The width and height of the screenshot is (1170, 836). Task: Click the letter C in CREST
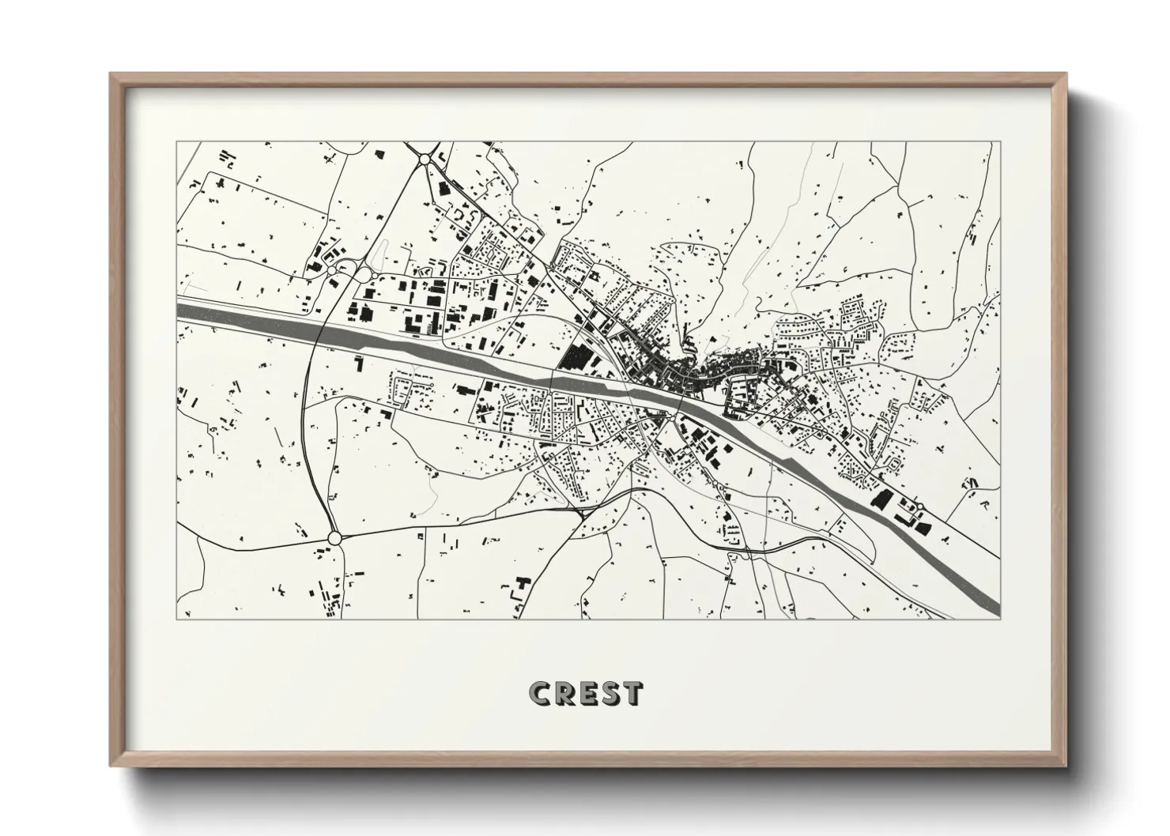point(543,693)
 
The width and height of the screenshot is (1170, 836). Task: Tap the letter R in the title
point(567,693)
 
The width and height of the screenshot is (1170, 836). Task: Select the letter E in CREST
point(589,693)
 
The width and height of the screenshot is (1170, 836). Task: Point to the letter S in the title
point(610,693)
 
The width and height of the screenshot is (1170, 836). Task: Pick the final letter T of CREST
point(632,693)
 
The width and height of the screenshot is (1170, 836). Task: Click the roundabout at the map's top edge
point(425,159)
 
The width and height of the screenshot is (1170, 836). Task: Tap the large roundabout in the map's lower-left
point(334,537)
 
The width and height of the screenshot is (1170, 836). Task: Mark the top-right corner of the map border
point(999,142)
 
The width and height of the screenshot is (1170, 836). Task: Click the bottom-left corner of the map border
point(177,619)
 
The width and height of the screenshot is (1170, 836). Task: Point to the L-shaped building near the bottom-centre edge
point(522,587)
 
